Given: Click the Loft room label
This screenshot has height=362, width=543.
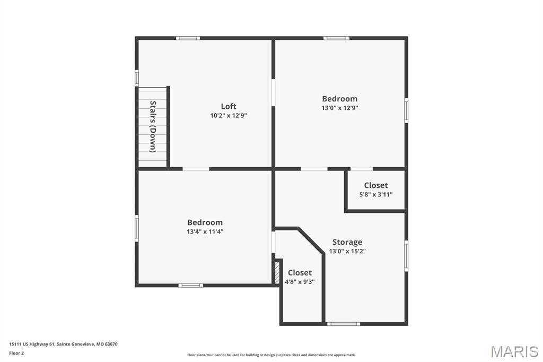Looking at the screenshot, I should [x=229, y=106].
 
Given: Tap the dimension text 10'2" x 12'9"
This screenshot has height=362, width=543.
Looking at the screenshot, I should [x=229, y=115].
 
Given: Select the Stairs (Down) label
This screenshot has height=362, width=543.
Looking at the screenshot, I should [x=153, y=126].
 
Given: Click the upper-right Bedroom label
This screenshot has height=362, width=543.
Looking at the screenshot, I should [x=339, y=99].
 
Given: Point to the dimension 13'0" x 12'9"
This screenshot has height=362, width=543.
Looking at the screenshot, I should [x=339, y=108].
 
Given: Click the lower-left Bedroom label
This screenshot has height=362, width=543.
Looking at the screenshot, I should [x=205, y=222].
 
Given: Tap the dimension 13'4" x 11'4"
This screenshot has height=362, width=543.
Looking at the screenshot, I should [x=205, y=231].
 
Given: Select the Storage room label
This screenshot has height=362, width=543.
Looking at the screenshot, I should [x=347, y=242].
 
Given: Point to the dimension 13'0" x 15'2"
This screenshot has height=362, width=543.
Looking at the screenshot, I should [x=347, y=251].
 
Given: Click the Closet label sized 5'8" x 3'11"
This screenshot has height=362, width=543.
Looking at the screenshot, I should [x=375, y=185].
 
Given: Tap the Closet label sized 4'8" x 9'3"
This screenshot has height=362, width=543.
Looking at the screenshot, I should [x=300, y=273].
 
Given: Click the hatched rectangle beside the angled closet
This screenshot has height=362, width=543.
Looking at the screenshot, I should [x=277, y=272].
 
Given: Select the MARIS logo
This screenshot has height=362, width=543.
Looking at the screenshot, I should [x=514, y=351].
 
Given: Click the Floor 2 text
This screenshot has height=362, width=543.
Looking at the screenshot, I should [x=16, y=353].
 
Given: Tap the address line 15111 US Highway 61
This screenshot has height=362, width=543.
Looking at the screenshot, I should [x=63, y=344].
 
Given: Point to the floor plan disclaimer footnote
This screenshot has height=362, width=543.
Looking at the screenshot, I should [x=271, y=355].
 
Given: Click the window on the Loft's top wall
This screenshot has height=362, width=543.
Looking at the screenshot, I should [x=188, y=38].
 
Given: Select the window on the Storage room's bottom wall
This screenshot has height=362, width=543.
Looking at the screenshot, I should [x=343, y=323].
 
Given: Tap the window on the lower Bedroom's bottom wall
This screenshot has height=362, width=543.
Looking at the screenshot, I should [x=190, y=286].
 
